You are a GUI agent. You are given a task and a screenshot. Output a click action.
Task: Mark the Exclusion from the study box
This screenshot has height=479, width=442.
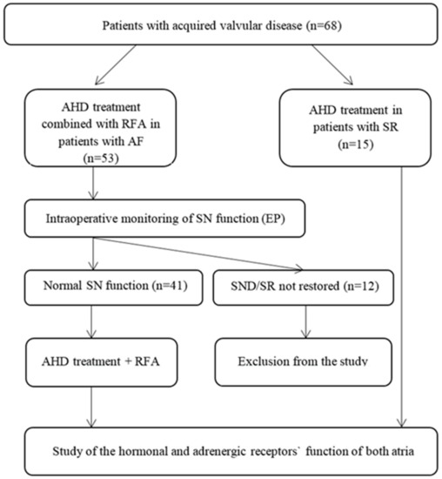301,355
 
